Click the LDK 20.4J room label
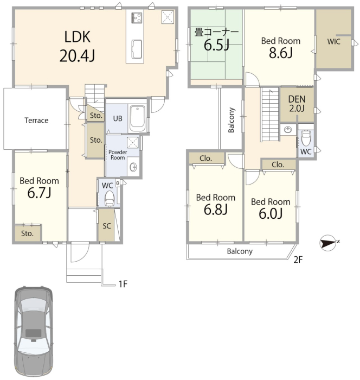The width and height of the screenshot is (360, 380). click(x=77, y=46)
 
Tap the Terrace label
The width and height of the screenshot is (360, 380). click(x=36, y=120)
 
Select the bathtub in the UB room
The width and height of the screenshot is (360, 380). click(x=137, y=118)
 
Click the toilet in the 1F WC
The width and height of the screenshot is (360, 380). click(x=109, y=199)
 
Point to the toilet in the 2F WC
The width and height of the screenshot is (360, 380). click(x=306, y=138)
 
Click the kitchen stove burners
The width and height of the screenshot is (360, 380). click(x=137, y=17)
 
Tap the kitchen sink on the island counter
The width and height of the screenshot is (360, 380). click(x=137, y=49)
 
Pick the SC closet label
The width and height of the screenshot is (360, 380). click(x=107, y=226)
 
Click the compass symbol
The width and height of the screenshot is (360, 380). click(x=329, y=243)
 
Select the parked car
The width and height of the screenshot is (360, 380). click(x=34, y=332)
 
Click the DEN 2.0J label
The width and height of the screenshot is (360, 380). click(x=297, y=104)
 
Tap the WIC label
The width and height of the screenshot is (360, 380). click(x=333, y=42)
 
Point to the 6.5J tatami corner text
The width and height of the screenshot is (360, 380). click(x=216, y=45)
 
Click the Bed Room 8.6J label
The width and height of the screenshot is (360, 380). click(x=281, y=48)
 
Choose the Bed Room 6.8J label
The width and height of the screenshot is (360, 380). click(x=216, y=204)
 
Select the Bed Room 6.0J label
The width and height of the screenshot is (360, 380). click(x=271, y=208)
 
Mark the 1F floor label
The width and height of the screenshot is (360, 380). click(x=123, y=284)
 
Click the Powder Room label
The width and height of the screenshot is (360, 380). click(x=118, y=155)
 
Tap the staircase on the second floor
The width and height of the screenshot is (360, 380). click(x=270, y=115)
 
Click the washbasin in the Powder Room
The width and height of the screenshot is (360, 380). click(x=133, y=167)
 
